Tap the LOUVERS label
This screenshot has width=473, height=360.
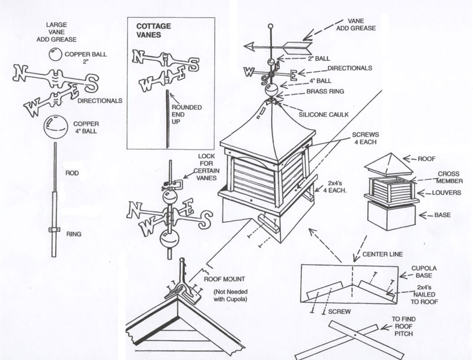[445, 193]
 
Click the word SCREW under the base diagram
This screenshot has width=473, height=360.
[340, 310]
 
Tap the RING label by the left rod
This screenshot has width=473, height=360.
[74, 234]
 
